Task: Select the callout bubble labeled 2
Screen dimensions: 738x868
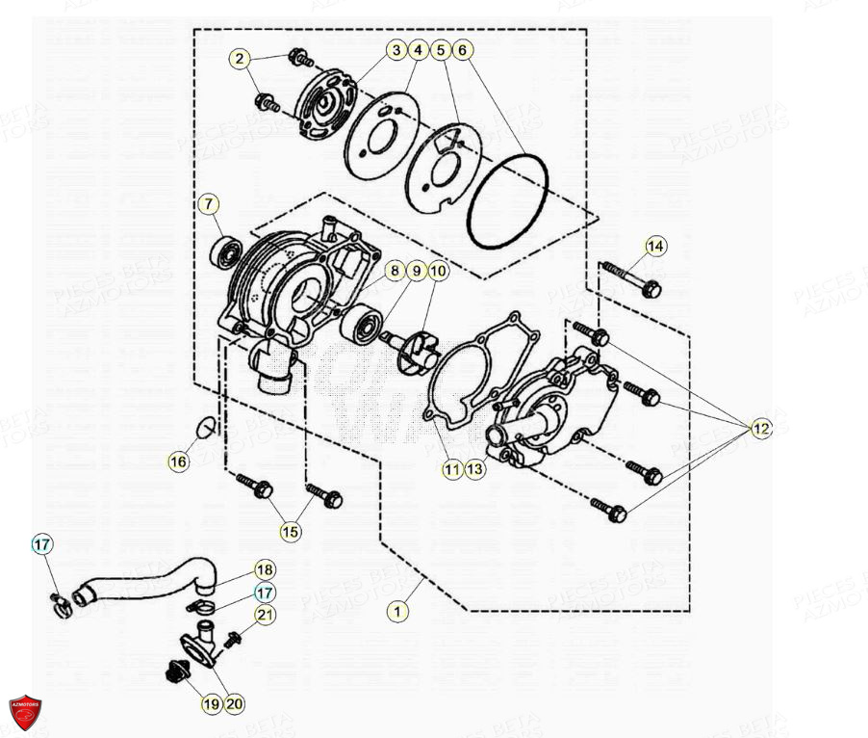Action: coord(239,59)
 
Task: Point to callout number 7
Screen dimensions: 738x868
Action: coord(209,204)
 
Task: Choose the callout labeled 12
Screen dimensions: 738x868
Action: coord(761,429)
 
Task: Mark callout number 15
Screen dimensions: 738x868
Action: coord(290,531)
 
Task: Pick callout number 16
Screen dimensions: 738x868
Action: coord(178,462)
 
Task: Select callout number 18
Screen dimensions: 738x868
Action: coord(265,570)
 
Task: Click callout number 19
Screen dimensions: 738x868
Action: coord(211,704)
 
